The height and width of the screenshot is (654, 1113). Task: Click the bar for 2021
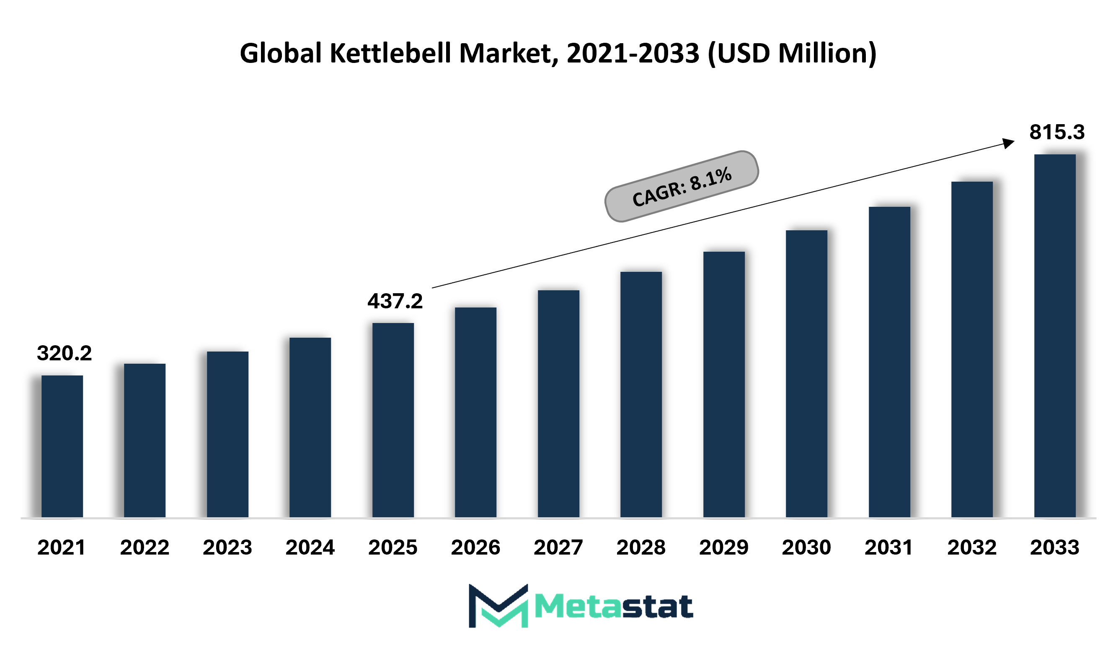(62, 446)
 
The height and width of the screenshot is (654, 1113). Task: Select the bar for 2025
(393, 420)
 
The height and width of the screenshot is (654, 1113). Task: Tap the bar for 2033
(1055, 336)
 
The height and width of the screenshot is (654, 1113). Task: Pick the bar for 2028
(641, 394)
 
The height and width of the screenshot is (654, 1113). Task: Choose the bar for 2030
(806, 374)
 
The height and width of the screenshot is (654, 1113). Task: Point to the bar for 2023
(227, 434)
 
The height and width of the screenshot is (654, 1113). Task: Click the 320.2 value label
(65, 353)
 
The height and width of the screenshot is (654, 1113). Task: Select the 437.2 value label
(395, 302)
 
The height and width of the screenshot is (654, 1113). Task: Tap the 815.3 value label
(1057, 132)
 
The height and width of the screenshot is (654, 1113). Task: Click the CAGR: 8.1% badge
(682, 186)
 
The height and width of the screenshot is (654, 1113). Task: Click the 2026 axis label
(476, 547)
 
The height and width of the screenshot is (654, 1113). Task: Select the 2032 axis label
(972, 547)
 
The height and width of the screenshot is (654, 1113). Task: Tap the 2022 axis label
(145, 547)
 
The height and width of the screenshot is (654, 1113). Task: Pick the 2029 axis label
(724, 547)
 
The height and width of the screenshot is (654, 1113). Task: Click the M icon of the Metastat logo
(498, 606)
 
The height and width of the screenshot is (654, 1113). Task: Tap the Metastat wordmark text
(614, 606)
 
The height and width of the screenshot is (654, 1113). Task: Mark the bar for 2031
(889, 362)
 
